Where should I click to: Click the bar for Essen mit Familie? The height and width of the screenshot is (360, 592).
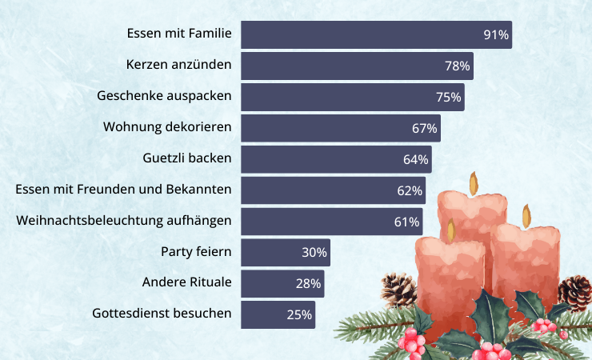tap(360, 34)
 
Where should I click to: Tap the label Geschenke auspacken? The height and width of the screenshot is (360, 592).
tap(164, 96)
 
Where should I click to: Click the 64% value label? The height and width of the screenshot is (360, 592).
tap(416, 159)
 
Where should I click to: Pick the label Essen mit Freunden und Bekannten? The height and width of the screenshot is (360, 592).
tap(124, 190)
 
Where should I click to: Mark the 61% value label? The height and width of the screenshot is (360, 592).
tap(406, 222)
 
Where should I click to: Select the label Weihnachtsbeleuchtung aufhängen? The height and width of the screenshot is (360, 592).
tap(124, 221)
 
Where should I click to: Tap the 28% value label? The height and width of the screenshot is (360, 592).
tap(309, 284)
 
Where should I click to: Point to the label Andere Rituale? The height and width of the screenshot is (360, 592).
tap(186, 283)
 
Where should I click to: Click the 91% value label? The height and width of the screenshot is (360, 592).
tap(496, 34)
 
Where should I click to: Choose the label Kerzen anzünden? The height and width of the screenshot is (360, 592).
tap(179, 65)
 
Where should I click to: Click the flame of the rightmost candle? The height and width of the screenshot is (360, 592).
tap(526, 215)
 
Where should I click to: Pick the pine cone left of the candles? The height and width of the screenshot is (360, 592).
tap(398, 290)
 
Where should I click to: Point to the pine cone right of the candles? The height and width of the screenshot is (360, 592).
tap(576, 292)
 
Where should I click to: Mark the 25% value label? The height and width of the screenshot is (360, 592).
tap(299, 314)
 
